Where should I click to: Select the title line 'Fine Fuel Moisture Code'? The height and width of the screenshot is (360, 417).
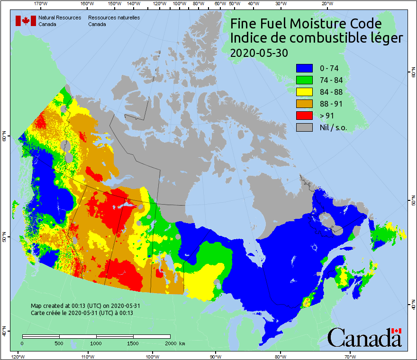pos(306,23)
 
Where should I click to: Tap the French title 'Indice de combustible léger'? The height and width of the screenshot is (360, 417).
pos(316,38)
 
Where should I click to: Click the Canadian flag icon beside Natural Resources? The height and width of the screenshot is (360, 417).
pos(26,20)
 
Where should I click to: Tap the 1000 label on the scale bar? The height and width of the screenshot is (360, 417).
pos(96,343)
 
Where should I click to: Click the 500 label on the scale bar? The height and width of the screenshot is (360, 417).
pos(59,343)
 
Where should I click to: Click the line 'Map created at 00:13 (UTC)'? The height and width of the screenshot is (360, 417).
pos(85,306)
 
